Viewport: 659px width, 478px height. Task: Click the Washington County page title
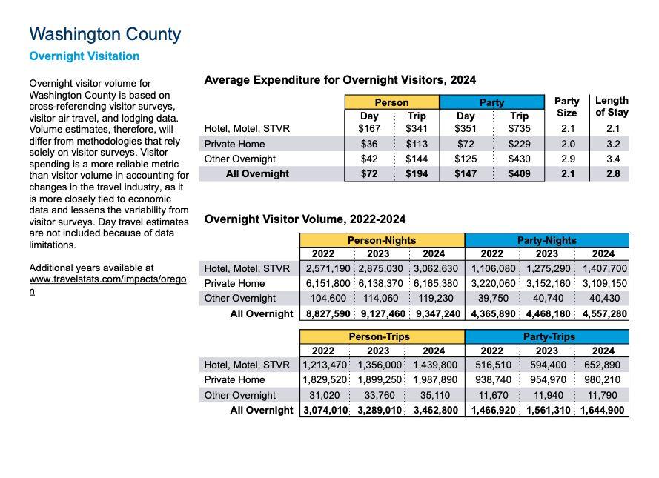(x=105, y=34)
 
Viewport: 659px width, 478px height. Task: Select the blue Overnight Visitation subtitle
(x=84, y=56)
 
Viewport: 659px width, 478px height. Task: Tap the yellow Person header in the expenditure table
(x=391, y=102)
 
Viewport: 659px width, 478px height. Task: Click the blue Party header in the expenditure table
(x=491, y=102)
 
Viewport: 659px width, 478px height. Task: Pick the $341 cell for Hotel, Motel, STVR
(x=416, y=128)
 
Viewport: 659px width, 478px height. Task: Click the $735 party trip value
(x=519, y=128)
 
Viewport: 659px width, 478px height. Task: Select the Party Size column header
(x=566, y=107)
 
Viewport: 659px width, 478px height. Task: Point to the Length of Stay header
(x=612, y=106)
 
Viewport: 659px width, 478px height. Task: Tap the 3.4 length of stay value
(x=612, y=159)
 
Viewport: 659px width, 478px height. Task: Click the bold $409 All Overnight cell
(x=519, y=174)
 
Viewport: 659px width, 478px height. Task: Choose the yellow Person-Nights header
(x=382, y=240)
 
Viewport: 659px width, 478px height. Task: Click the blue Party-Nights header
(x=546, y=240)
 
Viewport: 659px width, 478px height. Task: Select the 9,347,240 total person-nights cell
(x=436, y=313)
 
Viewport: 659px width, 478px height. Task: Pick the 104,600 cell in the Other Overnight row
(x=325, y=299)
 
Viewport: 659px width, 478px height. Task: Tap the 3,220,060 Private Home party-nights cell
(x=492, y=283)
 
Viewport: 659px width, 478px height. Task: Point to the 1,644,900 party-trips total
(x=602, y=410)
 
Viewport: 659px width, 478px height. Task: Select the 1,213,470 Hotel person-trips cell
(x=325, y=365)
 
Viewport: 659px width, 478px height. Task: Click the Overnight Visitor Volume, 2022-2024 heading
(x=305, y=219)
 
